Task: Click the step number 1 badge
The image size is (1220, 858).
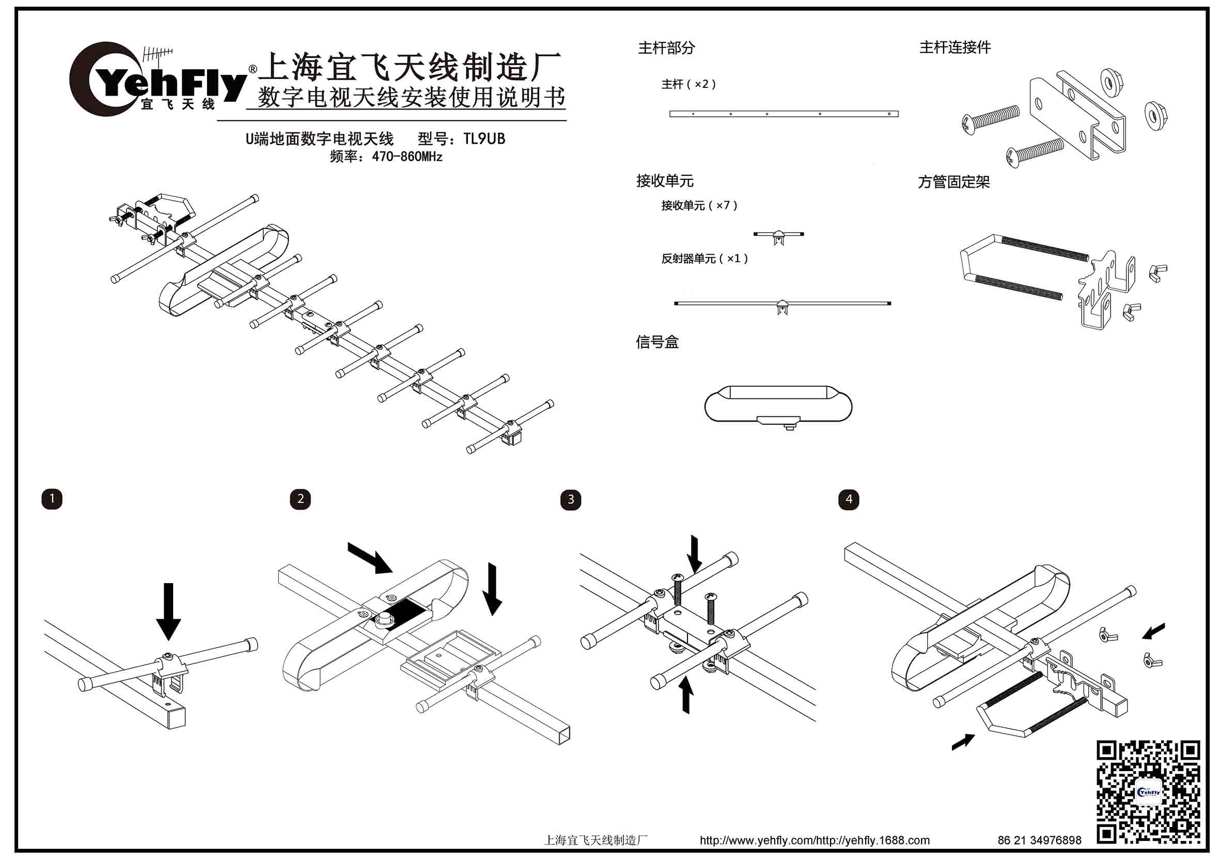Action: pos(52,499)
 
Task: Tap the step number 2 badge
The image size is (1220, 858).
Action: pos(300,499)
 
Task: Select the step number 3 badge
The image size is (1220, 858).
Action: pos(571,500)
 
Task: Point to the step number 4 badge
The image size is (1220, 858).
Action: pos(849,500)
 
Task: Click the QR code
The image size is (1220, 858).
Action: pos(1148,791)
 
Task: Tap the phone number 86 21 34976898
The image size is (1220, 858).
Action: pos(1039,840)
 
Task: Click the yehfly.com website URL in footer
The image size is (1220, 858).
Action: pos(814,840)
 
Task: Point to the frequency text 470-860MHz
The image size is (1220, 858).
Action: pos(407,157)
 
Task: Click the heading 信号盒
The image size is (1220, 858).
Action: pos(658,342)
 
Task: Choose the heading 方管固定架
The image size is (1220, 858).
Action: pos(954,182)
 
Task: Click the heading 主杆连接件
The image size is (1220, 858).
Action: pos(955,48)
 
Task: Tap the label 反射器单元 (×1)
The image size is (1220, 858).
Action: pos(704,259)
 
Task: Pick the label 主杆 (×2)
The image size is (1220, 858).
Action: pos(689,85)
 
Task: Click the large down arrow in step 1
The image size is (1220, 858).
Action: pos(168,611)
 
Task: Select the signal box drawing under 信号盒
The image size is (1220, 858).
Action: pos(778,405)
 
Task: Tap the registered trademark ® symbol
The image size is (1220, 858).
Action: pos(253,70)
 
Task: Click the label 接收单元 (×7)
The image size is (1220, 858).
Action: pos(699,206)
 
